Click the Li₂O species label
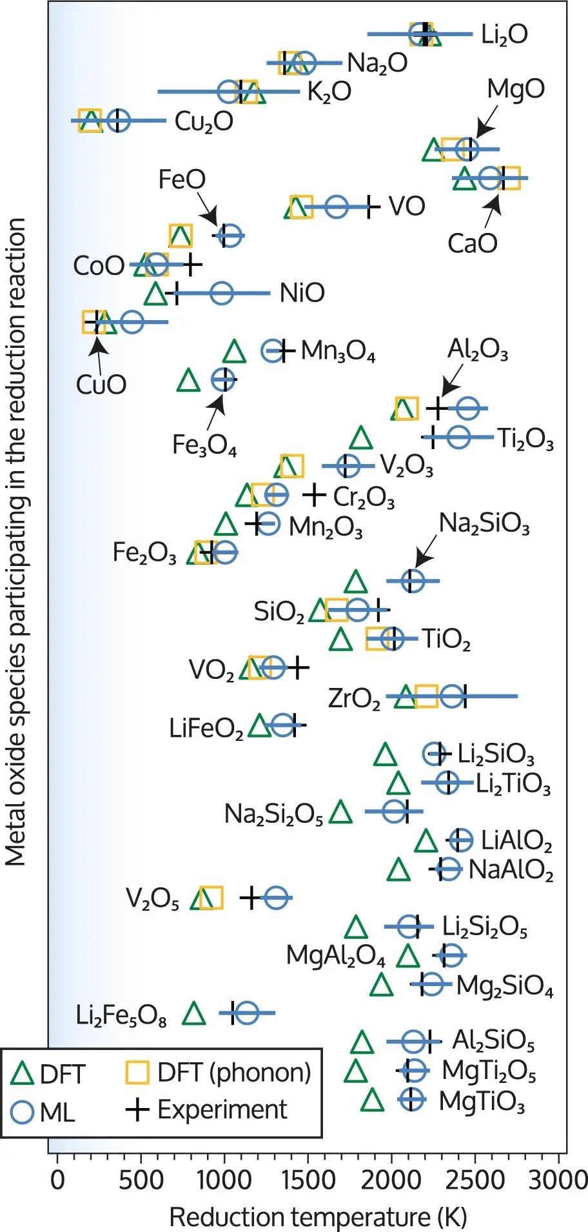click(504, 35)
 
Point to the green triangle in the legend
click(23, 1073)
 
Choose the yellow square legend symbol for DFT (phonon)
click(137, 1073)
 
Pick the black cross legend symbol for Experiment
click(137, 1109)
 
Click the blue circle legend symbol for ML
click(23, 1111)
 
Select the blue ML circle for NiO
click(221, 293)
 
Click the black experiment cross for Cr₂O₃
click(314, 495)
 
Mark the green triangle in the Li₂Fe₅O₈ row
click(194, 1014)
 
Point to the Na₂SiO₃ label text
click(484, 523)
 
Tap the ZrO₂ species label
click(354, 698)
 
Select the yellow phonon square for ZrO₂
click(426, 696)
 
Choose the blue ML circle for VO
click(336, 207)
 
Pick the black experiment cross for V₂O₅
click(250, 897)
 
